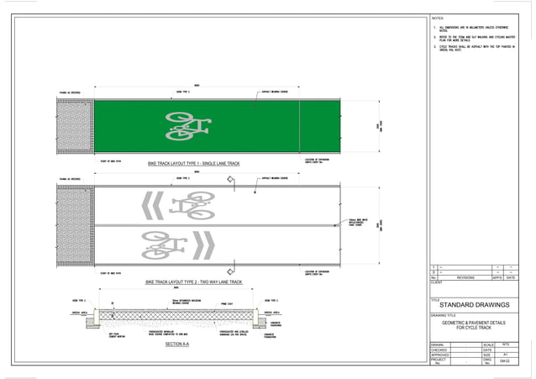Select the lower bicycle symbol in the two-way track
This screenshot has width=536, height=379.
(163, 245)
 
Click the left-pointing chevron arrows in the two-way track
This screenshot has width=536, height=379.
(151, 205)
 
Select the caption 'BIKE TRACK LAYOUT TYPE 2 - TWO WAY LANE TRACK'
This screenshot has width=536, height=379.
(194, 282)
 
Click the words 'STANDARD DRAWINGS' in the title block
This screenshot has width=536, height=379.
(475, 304)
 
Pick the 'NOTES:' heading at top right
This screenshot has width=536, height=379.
(438, 18)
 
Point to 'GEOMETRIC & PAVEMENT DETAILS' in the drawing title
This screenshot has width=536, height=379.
(476, 323)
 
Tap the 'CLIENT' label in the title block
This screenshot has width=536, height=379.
(437, 282)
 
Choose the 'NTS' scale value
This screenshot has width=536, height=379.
(505, 345)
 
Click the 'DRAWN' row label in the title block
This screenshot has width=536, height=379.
(437, 345)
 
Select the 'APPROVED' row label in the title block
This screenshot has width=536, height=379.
(439, 355)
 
